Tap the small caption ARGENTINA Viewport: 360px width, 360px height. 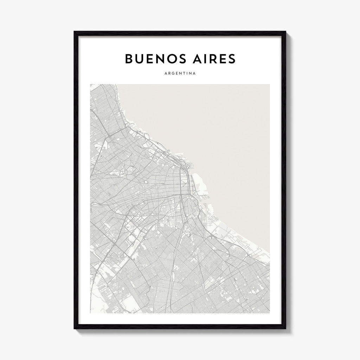(180, 74)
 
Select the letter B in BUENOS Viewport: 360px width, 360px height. (129, 59)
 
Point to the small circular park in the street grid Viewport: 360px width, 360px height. (145, 182)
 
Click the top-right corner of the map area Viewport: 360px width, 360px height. (270, 84)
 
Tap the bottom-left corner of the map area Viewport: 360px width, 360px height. (90, 313)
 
